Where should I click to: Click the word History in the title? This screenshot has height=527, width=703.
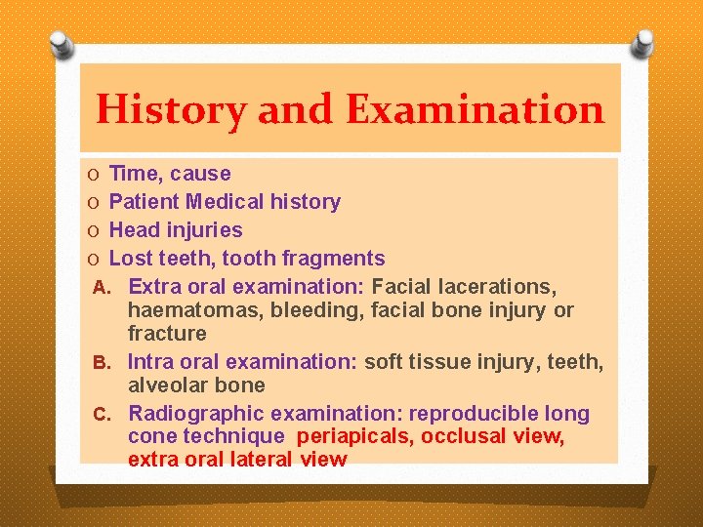pos(171,109)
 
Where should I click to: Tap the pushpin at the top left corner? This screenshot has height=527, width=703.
pos(61,43)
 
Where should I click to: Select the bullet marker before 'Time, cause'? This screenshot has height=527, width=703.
pos(91,175)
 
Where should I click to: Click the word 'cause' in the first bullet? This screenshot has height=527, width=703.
pos(200,174)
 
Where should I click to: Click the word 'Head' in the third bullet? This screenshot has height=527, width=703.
pos(134,230)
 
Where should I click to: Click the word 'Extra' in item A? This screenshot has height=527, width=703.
pos(154,287)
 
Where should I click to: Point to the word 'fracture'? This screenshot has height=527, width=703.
pos(167,334)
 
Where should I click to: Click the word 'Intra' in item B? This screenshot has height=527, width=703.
pos(151,362)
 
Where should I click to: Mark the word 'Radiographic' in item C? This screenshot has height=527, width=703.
pos(194,414)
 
